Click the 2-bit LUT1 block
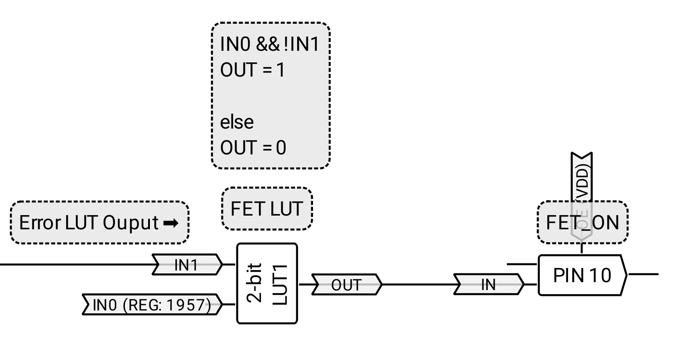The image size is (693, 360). (267, 283)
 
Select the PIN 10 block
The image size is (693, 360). (582, 275)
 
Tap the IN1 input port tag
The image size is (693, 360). (186, 265)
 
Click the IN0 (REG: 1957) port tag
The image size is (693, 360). (152, 305)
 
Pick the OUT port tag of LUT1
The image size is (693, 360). (346, 285)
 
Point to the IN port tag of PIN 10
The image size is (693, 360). (488, 285)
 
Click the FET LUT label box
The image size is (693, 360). (267, 209)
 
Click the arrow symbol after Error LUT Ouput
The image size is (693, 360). (171, 223)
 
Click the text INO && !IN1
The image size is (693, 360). (269, 44)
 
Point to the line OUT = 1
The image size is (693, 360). (253, 70)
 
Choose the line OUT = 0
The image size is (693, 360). (253, 148)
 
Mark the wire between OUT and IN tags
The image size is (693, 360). (417, 285)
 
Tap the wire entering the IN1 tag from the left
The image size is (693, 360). (75, 264)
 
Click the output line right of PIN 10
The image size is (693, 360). (643, 274)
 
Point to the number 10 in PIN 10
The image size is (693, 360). (600, 275)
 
